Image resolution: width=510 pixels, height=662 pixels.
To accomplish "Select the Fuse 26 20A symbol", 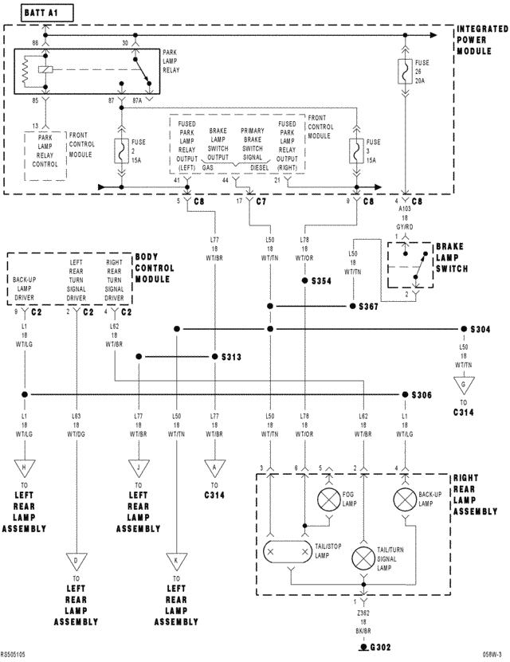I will pos(407,71).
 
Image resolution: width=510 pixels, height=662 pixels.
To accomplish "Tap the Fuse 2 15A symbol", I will pos(121,148).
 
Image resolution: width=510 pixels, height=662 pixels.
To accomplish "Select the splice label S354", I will pos(322,281).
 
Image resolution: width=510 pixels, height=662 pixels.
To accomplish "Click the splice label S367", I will pos(368,306).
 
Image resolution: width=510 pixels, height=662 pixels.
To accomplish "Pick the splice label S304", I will pos(481,329).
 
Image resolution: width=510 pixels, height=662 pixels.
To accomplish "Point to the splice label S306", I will pos(422,394).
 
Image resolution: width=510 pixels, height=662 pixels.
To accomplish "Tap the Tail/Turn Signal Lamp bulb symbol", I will pos(365,556).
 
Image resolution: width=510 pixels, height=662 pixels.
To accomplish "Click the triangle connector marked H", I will pos(25,467).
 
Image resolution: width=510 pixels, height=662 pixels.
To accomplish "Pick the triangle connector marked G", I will pos(461,384).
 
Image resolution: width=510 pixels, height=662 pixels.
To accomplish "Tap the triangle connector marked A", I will pos(214,467).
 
